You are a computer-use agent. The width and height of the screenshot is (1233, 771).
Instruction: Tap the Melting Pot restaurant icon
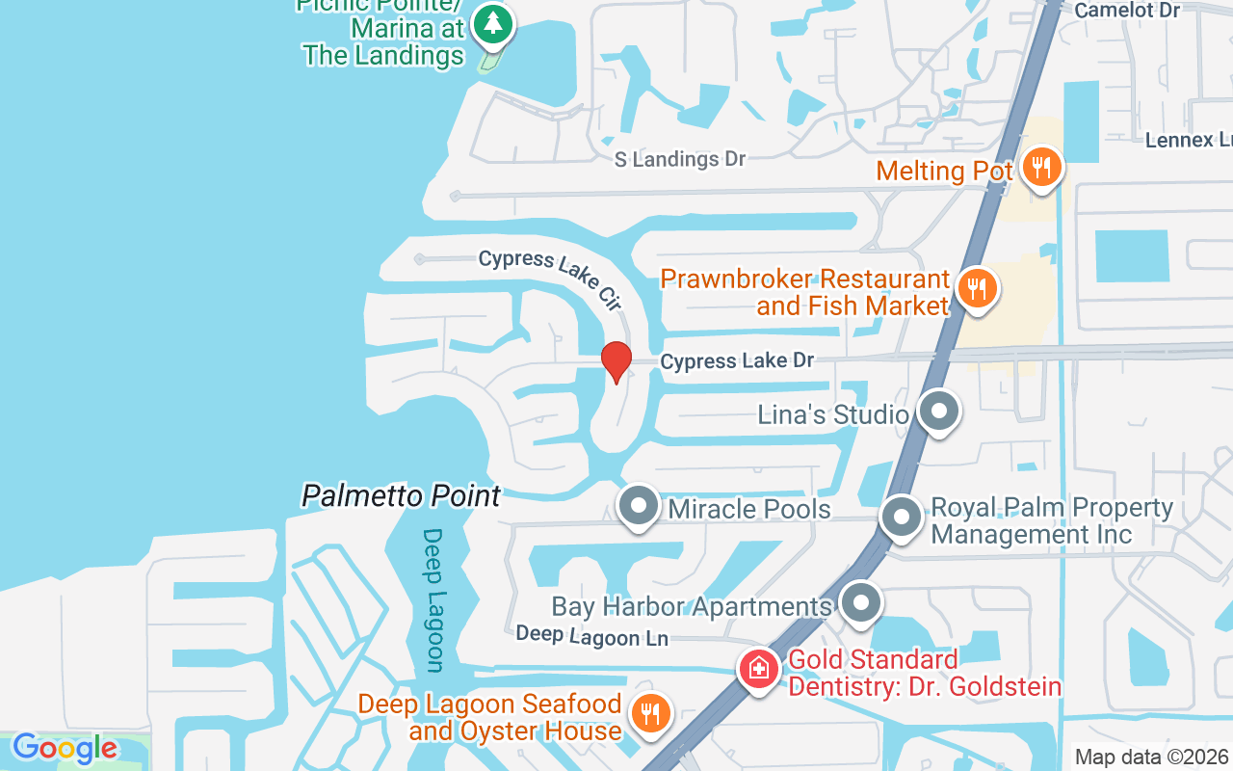(1040, 168)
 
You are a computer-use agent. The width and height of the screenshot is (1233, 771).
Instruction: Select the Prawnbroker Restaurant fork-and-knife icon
(977, 287)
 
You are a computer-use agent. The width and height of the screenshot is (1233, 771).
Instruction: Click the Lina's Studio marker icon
(938, 412)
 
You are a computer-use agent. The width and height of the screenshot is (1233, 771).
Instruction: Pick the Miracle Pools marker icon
(638, 506)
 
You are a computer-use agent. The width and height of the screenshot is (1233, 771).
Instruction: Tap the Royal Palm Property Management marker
(902, 517)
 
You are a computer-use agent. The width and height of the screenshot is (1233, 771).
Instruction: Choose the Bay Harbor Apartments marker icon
(860, 603)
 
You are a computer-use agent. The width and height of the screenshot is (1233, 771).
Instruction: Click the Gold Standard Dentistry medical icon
(758, 667)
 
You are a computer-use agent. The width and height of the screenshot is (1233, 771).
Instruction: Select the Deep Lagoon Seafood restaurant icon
(650, 714)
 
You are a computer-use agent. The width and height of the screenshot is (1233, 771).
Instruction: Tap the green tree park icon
(493, 23)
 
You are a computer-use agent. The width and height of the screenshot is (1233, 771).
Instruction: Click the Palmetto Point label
(402, 496)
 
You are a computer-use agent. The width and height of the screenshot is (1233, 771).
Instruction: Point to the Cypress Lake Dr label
(737, 361)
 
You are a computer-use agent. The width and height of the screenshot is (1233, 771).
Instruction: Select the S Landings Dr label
(680, 159)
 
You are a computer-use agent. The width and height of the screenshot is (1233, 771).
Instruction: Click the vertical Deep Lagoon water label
(433, 599)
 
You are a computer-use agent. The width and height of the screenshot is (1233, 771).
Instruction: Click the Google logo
(65, 748)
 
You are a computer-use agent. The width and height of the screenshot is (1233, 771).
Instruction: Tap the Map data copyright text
(1152, 757)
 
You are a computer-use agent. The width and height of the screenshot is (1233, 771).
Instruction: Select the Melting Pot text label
(945, 172)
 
